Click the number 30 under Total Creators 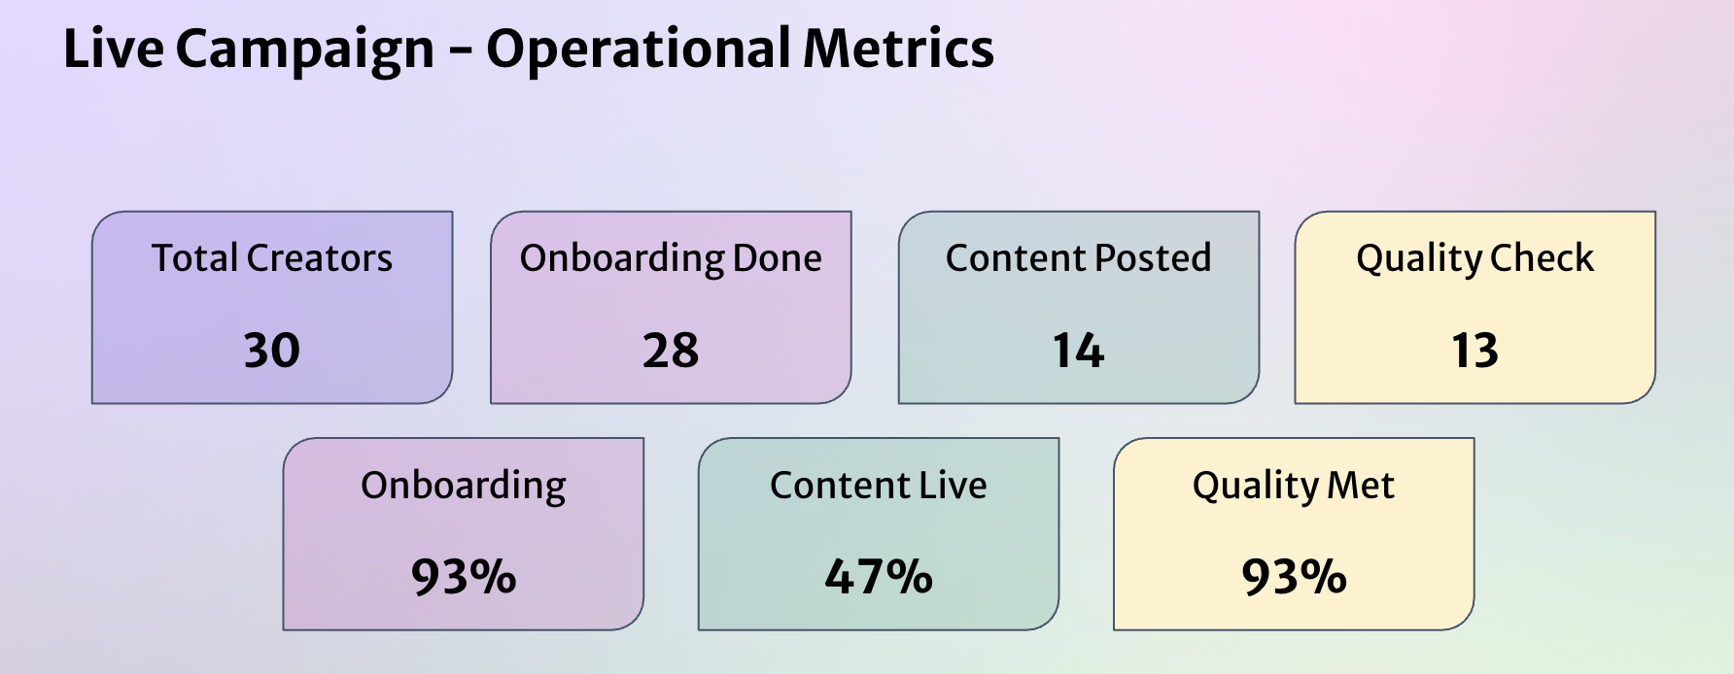coord(271,351)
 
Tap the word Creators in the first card coord(320,258)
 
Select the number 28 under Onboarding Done coord(671,351)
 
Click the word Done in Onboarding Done coord(778,258)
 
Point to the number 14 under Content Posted coord(1078,351)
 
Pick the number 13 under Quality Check coord(1474,351)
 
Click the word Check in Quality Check coord(1543,258)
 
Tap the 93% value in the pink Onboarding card coord(464,578)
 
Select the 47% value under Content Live coord(879,578)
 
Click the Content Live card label coord(879,486)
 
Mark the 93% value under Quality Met coord(1294,578)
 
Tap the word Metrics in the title coord(899,49)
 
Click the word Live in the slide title coord(113,49)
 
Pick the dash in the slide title coord(460,51)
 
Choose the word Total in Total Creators coord(194,258)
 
